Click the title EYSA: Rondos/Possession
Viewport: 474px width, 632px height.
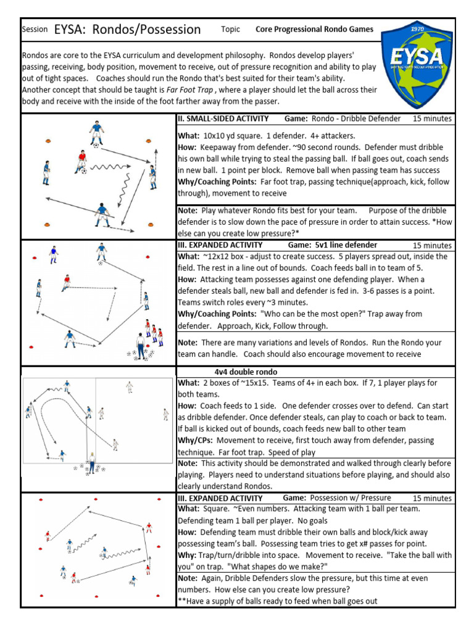[127, 30]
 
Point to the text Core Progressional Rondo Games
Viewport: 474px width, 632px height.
[314, 30]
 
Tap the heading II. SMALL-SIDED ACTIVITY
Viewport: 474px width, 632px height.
[223, 118]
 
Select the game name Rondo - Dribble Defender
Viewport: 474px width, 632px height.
[356, 118]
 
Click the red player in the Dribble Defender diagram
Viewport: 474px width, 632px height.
[80, 161]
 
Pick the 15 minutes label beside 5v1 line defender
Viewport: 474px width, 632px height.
[432, 245]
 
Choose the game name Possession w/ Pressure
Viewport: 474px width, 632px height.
[350, 498]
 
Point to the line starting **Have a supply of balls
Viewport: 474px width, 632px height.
[277, 601]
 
